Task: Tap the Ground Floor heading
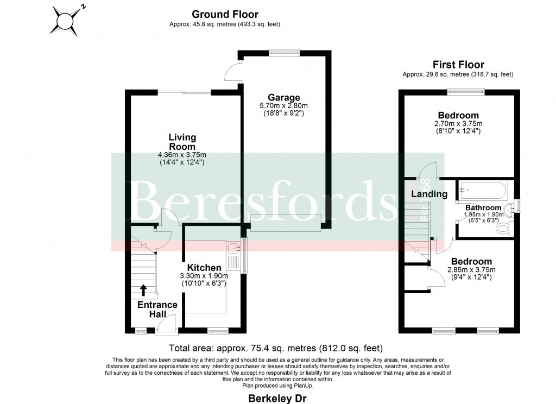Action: coord(225,15)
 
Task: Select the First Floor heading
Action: coord(458,65)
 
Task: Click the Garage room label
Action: coord(283,98)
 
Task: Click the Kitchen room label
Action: coord(204,268)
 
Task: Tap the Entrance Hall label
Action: coord(157,309)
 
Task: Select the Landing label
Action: coord(429,194)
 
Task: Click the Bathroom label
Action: coord(483,207)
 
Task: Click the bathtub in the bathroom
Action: coord(482,191)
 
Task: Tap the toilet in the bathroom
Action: coord(503,230)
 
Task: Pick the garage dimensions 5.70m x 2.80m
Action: coord(283,106)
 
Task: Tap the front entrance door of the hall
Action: coord(164,325)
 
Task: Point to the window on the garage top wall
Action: coord(283,52)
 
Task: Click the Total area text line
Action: coord(276,348)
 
